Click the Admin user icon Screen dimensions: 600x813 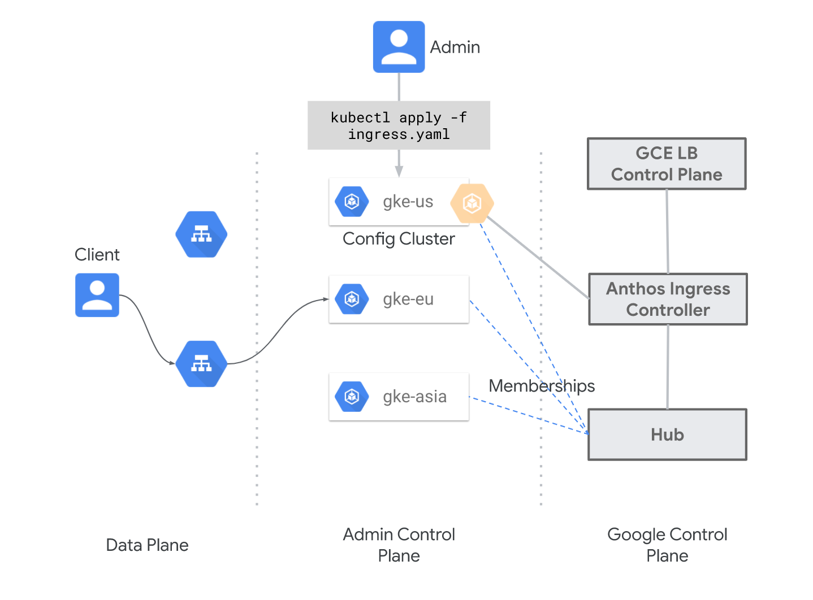tap(399, 47)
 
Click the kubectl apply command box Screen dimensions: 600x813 tap(399, 125)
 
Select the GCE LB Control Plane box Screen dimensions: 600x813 tap(667, 164)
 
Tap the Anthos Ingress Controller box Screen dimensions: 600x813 tap(668, 299)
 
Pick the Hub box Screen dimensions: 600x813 tap(667, 434)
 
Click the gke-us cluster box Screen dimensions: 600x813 tap(399, 202)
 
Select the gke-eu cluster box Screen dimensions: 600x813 tap(399, 299)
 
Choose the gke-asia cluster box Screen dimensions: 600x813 tap(399, 397)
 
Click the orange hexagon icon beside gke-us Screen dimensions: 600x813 tap(472, 203)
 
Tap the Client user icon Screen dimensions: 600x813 tap(97, 295)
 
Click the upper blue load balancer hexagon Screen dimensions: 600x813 tap(201, 234)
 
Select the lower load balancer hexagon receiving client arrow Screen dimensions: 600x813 tap(201, 364)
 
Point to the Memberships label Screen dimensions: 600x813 tap(542, 386)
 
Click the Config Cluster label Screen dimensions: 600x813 tap(399, 239)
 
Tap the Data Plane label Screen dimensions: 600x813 tap(147, 545)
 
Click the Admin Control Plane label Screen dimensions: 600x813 tap(399, 545)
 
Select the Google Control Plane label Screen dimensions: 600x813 tap(667, 545)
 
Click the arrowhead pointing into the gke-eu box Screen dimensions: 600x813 tap(326, 299)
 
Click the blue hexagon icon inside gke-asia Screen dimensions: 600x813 tap(352, 397)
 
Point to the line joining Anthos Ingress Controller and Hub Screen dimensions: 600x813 tap(668, 367)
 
